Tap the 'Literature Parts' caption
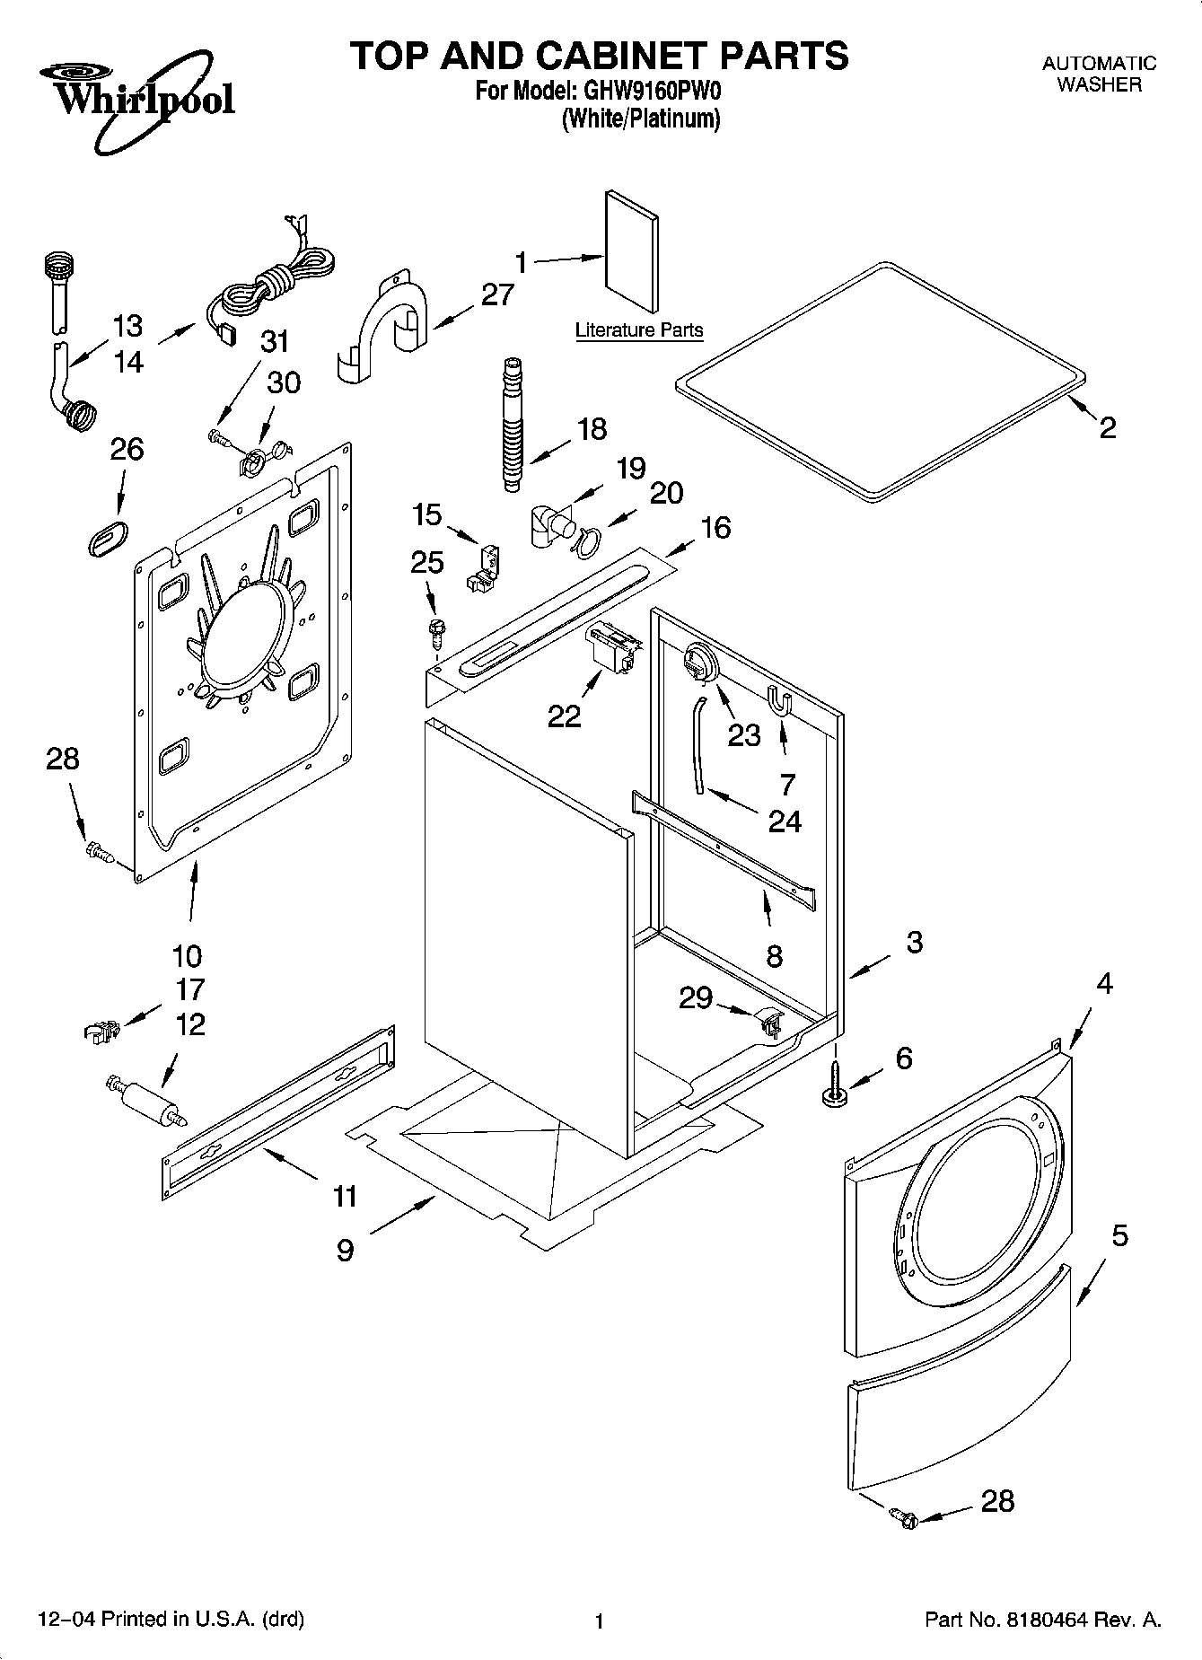click(x=638, y=330)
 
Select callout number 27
click(x=497, y=294)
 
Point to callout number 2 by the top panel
click(x=1108, y=427)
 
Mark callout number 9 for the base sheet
click(x=346, y=1250)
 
